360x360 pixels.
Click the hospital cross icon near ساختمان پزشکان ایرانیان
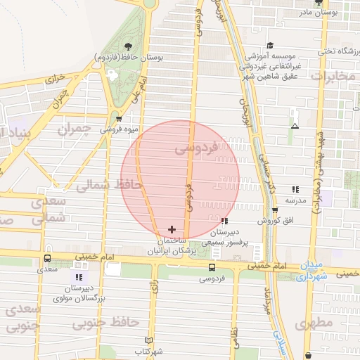[172, 229]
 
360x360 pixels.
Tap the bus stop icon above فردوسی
[212, 267]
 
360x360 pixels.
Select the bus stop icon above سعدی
[47, 258]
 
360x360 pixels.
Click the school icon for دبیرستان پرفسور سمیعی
[224, 221]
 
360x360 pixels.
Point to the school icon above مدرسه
[295, 189]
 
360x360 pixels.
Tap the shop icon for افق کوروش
[275, 210]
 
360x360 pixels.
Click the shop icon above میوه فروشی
[118, 119]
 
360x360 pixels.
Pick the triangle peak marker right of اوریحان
[295, 127]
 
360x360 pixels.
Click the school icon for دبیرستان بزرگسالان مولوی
[79, 278]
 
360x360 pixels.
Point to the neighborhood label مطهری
[313, 324]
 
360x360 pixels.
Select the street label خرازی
[55, 78]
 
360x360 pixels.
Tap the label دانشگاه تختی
[336, 51]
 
